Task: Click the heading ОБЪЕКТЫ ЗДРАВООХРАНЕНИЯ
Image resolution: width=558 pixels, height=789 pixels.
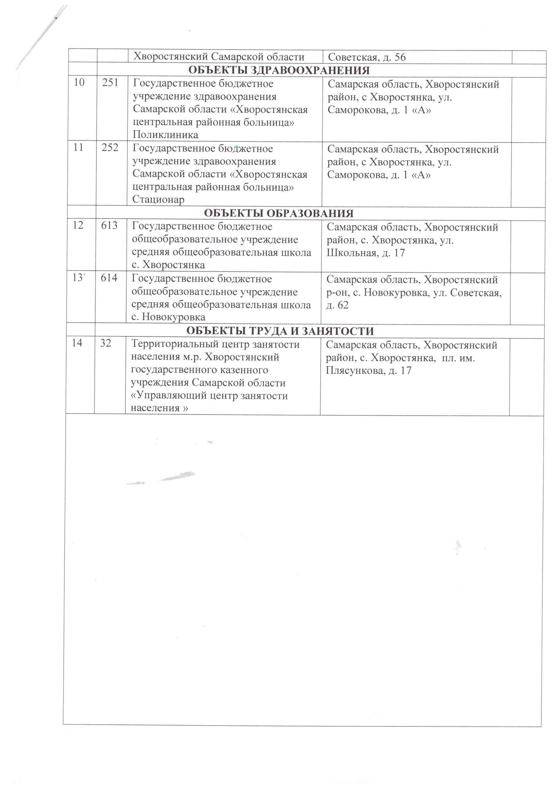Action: [279, 70]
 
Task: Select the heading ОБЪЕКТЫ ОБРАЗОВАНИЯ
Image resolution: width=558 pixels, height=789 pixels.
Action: [279, 213]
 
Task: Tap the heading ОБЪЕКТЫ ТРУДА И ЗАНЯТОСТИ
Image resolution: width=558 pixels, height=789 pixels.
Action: [280, 331]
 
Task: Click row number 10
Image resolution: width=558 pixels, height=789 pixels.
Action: [79, 83]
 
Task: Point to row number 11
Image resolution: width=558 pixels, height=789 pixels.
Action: [78, 148]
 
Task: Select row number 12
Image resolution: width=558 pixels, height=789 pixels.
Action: [78, 225]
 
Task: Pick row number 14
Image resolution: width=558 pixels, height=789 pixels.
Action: [77, 343]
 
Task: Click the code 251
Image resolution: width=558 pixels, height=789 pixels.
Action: [110, 83]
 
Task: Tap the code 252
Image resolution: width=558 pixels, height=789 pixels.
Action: [110, 148]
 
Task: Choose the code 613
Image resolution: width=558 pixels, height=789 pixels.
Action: [109, 225]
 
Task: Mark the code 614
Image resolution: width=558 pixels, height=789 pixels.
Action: [109, 278]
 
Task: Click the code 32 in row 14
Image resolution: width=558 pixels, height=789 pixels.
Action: [106, 343]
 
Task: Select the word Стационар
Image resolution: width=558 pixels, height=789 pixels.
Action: [158, 199]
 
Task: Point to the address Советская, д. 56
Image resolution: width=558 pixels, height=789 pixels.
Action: [367, 57]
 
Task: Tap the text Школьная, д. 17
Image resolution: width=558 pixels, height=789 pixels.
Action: [366, 253]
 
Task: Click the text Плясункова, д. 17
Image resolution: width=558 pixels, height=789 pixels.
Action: [368, 371]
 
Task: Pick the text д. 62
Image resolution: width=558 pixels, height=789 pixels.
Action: [337, 305]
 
